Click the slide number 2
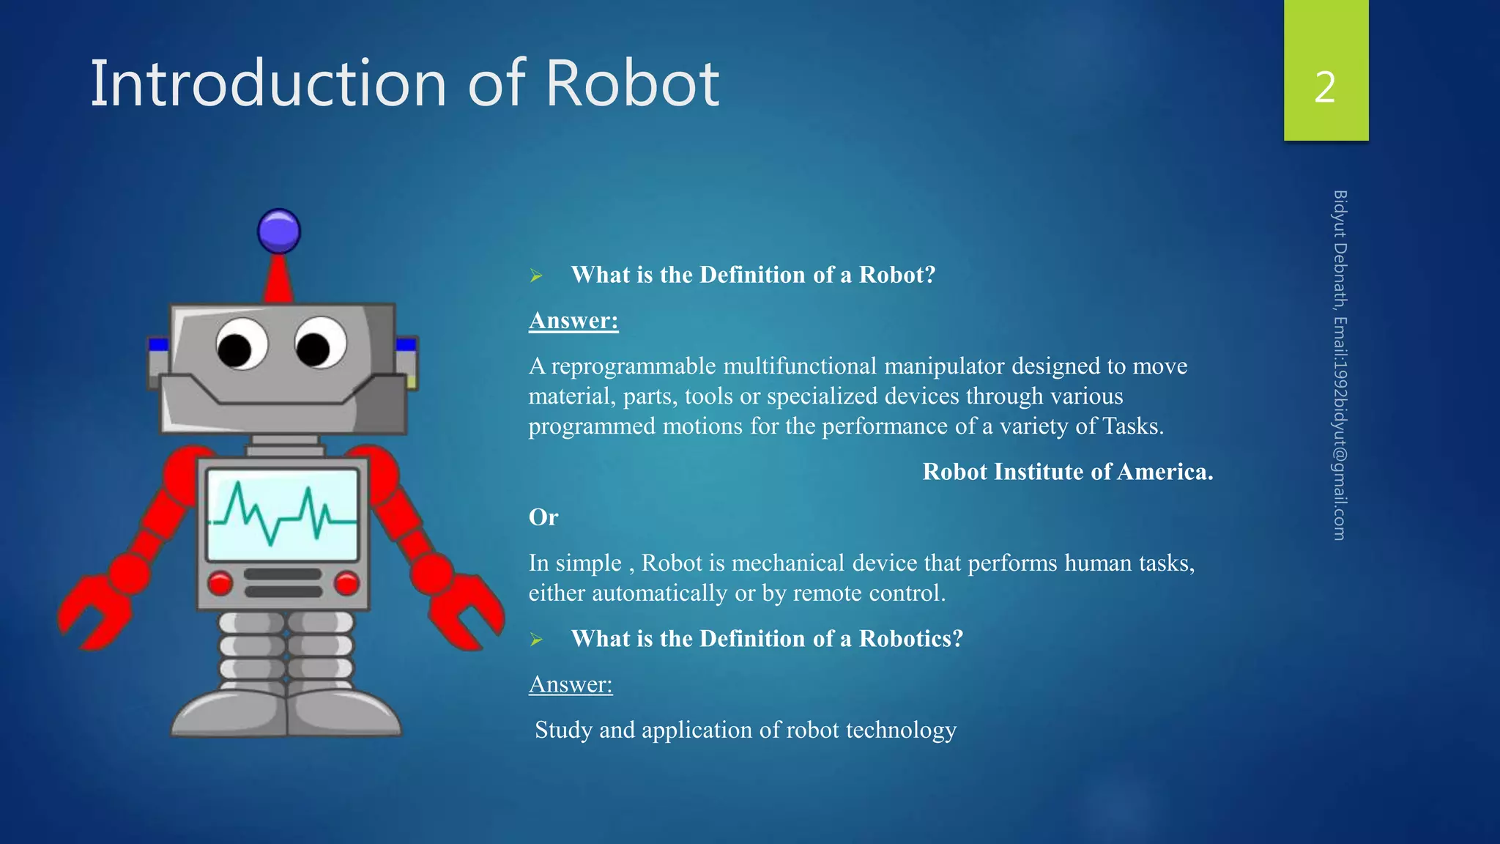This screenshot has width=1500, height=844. tap(1325, 87)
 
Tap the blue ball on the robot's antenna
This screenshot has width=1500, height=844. tap(279, 232)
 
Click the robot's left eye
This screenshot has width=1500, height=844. tap(242, 344)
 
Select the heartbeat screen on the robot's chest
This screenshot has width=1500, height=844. tap(283, 515)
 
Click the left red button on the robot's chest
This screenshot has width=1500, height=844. tap(220, 583)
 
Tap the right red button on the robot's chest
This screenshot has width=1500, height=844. tap(346, 583)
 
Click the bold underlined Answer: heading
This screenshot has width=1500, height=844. tap(573, 320)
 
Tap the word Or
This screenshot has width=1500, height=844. tap(543, 517)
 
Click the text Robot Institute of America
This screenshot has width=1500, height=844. tap(1067, 472)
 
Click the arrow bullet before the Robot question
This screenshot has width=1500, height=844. tap(536, 275)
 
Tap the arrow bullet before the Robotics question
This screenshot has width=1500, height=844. tap(536, 640)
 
